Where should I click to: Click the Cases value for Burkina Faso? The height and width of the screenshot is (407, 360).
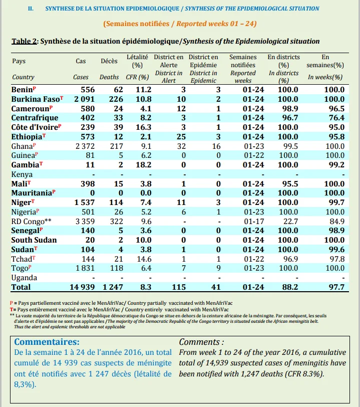pyautogui.click(x=84, y=99)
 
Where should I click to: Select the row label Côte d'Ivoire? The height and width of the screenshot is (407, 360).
pyautogui.click(x=35, y=127)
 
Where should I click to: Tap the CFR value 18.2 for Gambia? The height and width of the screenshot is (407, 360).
pyautogui.click(x=143, y=165)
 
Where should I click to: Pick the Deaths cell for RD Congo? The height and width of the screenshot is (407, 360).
pyautogui.click(x=117, y=222)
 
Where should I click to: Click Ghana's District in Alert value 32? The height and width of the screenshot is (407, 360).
pyautogui.click(x=182, y=146)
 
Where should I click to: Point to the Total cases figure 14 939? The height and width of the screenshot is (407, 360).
pyautogui.click(x=82, y=287)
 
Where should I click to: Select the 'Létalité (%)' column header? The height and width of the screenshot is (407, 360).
pyautogui.click(x=137, y=61)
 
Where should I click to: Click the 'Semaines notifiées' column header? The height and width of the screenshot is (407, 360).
pyautogui.click(x=243, y=61)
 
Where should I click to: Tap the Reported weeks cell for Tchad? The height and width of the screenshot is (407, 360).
pyautogui.click(x=254, y=259)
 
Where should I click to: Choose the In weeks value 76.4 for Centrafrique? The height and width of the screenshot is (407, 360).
pyautogui.click(x=336, y=118)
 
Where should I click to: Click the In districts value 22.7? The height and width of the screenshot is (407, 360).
pyautogui.click(x=290, y=222)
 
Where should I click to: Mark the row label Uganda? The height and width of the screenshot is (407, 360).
pyautogui.click(x=24, y=278)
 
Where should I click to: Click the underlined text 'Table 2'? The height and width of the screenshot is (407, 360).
pyautogui.click(x=24, y=41)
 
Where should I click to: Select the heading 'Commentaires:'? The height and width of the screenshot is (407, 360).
pyautogui.click(x=47, y=342)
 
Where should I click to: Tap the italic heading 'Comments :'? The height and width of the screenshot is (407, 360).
pyautogui.click(x=201, y=342)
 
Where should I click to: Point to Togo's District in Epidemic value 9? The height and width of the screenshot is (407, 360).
pyautogui.click(x=218, y=268)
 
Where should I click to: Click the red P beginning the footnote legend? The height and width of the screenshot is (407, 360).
pyautogui.click(x=12, y=303)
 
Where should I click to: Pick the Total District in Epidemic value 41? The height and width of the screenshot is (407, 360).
pyautogui.click(x=216, y=287)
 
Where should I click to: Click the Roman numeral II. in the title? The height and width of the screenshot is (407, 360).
pyautogui.click(x=31, y=9)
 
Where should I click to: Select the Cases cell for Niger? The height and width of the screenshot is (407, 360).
pyautogui.click(x=84, y=202)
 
